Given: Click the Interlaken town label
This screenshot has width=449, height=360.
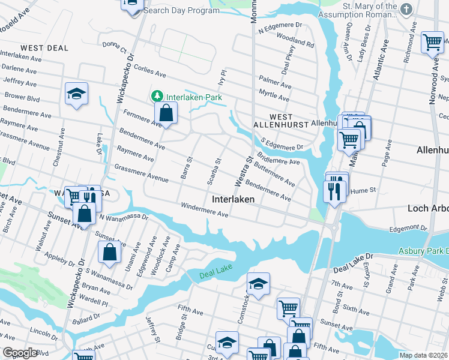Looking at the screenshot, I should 233,199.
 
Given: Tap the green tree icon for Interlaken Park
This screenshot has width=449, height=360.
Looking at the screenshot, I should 157,97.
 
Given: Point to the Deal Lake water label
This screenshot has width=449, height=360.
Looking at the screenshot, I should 215,275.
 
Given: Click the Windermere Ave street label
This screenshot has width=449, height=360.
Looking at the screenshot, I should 205,210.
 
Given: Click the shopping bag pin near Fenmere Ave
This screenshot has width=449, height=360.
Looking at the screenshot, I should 166,112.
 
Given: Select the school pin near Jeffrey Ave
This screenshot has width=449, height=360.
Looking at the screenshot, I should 77,93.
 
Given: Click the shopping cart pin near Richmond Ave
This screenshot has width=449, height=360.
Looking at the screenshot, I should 432,43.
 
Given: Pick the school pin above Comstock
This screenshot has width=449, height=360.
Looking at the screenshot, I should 258,284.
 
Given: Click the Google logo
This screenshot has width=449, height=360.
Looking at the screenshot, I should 20,353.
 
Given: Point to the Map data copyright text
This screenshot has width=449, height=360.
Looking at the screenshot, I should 423,355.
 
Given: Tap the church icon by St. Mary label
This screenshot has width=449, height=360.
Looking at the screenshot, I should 406,9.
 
